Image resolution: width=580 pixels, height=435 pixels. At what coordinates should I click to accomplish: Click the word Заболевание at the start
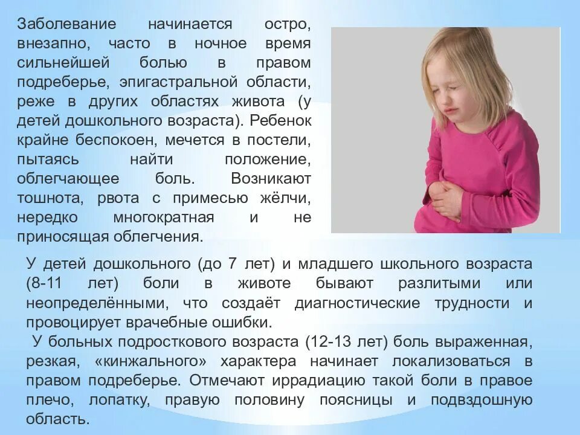click(x=59, y=25)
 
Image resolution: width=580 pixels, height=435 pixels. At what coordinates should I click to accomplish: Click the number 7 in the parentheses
click(x=233, y=264)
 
